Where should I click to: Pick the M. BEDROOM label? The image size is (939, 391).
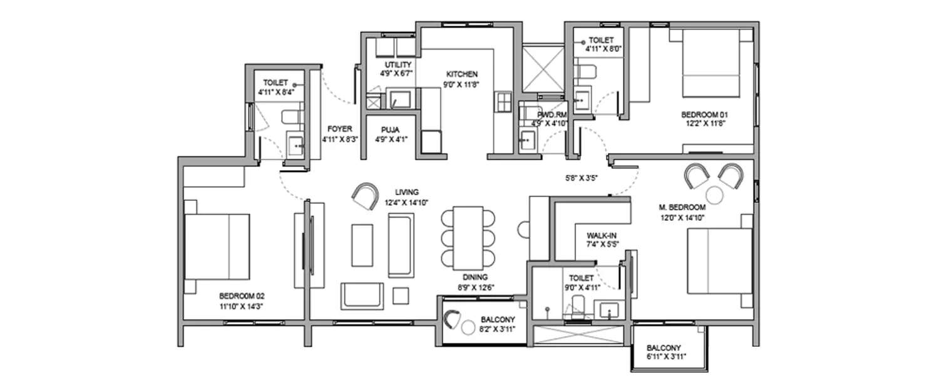pos(682,207)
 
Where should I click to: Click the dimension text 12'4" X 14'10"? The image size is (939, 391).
pos(407,201)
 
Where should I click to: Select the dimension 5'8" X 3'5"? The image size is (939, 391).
pos(582,178)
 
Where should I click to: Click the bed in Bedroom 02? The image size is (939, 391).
pos(217,246)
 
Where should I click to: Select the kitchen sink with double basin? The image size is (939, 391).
pos(502,103)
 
